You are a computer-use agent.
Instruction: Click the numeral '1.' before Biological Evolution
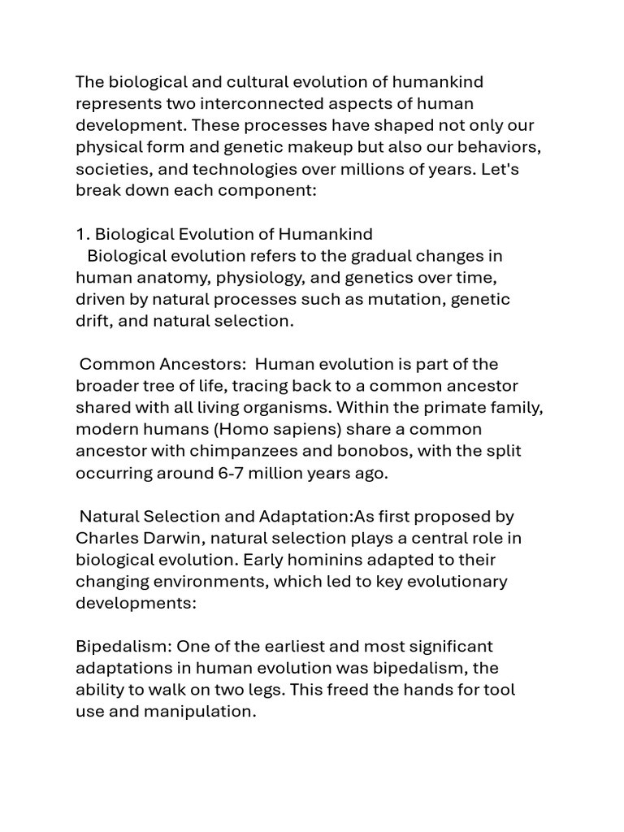click(x=83, y=234)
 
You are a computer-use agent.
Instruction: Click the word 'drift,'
click(x=96, y=321)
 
